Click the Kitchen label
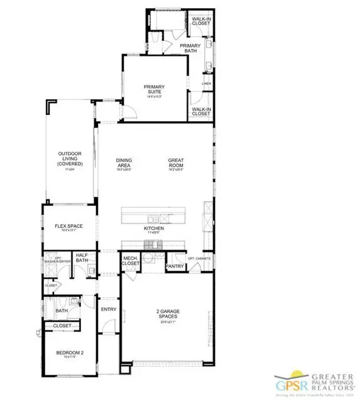coord(154,228)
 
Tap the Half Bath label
coord(82,258)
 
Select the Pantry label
coord(173,266)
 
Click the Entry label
coord(109,309)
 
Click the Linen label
coord(205,82)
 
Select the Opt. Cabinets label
coord(199,258)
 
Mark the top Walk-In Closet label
coord(202,20)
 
